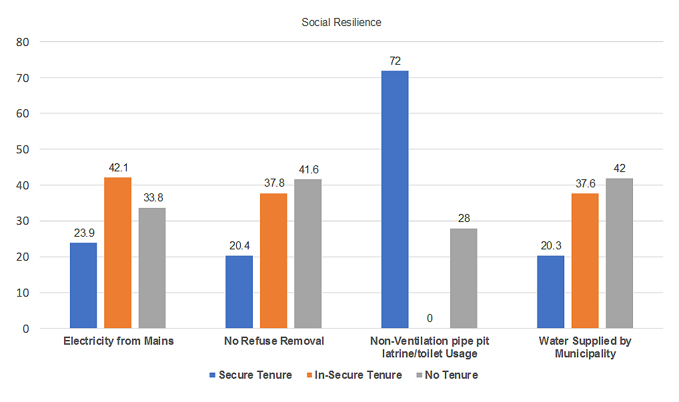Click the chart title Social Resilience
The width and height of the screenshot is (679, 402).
[341, 22]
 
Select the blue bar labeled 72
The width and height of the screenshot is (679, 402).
[395, 199]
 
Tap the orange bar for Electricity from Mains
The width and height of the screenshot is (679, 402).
[118, 253]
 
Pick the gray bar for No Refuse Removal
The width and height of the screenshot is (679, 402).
[308, 253]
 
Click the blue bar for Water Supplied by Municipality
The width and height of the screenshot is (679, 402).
[550, 292]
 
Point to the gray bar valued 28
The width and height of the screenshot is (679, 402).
[464, 278]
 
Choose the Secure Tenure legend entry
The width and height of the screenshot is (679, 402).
[251, 375]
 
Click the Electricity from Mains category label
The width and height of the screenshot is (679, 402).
[118, 341]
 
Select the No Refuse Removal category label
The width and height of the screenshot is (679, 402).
[274, 341]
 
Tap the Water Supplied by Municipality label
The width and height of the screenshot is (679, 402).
[585, 347]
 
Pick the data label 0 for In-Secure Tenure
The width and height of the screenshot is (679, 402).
[429, 319]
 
